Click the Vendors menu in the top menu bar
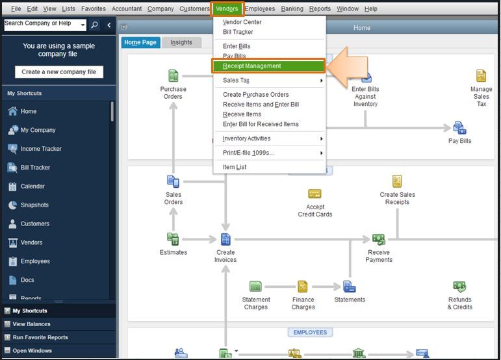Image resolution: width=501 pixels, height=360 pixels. (227, 9)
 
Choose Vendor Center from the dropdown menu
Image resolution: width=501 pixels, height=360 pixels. (242, 22)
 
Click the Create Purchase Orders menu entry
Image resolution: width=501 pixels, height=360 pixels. (255, 95)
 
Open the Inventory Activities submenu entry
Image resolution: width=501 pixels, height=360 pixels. (246, 138)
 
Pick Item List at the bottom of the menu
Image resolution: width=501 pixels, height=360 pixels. (235, 167)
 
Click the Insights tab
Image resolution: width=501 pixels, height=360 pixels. (181, 42)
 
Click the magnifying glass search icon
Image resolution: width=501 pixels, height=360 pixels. (95, 25)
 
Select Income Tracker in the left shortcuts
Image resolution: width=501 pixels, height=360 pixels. (41, 149)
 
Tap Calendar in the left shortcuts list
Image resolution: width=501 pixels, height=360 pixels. (32, 186)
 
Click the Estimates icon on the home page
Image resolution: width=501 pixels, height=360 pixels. (173, 239)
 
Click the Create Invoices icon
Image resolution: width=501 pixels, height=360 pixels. (225, 239)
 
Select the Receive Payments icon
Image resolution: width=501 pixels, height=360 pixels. (379, 239)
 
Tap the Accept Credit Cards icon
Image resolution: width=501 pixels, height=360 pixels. (315, 194)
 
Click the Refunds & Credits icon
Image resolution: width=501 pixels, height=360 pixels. (459, 287)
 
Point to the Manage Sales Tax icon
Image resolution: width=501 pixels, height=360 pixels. (482, 76)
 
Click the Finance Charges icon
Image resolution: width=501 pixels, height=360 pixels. (303, 287)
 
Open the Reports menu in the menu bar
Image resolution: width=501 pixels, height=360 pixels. (320, 9)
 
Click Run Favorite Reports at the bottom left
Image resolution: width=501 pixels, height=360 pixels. (40, 337)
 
